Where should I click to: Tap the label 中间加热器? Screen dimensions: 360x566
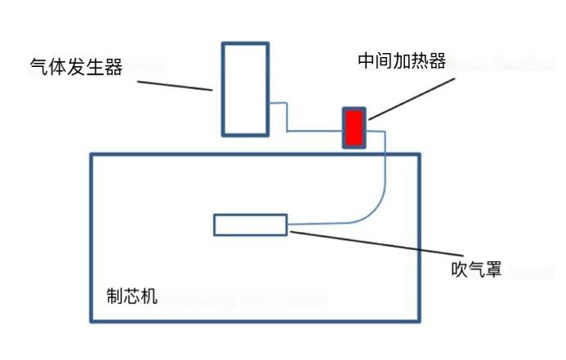pos(402,61)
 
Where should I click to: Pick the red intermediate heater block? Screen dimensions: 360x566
pos(354,127)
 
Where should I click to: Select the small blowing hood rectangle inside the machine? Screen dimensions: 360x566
pos(250,224)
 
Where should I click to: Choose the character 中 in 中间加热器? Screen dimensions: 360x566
pos(366,61)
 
